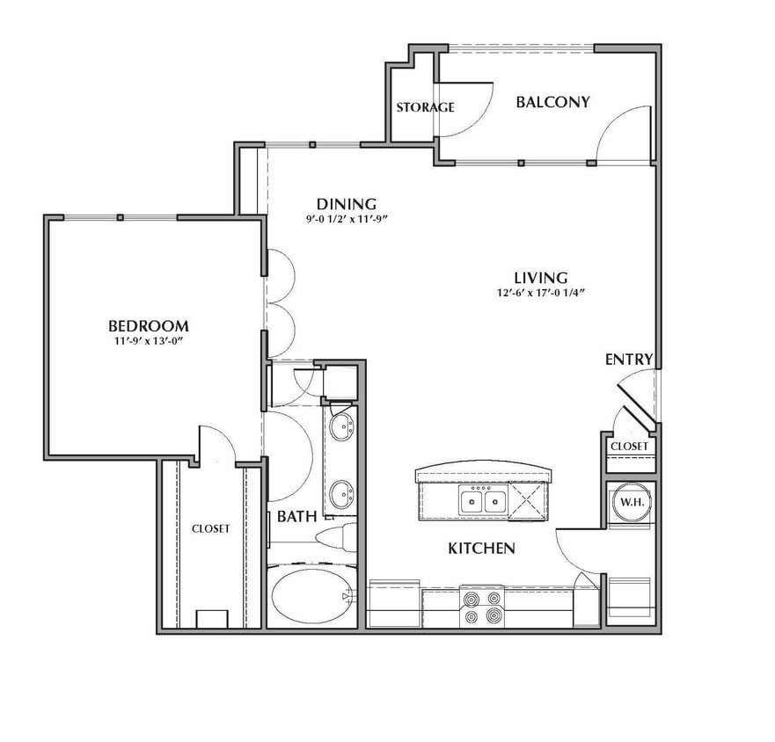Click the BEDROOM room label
(x=149, y=326)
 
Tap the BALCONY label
(x=553, y=102)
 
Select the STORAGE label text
(x=425, y=107)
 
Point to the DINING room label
(x=347, y=204)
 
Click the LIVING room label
(x=541, y=278)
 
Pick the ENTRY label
(x=629, y=360)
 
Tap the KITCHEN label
(x=482, y=548)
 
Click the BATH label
(x=296, y=517)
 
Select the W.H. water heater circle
(x=632, y=502)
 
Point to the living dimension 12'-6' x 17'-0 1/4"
(x=541, y=293)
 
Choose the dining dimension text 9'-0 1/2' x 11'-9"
(x=345, y=219)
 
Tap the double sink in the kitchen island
(x=482, y=501)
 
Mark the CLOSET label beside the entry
(x=629, y=447)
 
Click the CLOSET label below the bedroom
(x=210, y=528)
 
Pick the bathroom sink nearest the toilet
(x=341, y=494)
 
